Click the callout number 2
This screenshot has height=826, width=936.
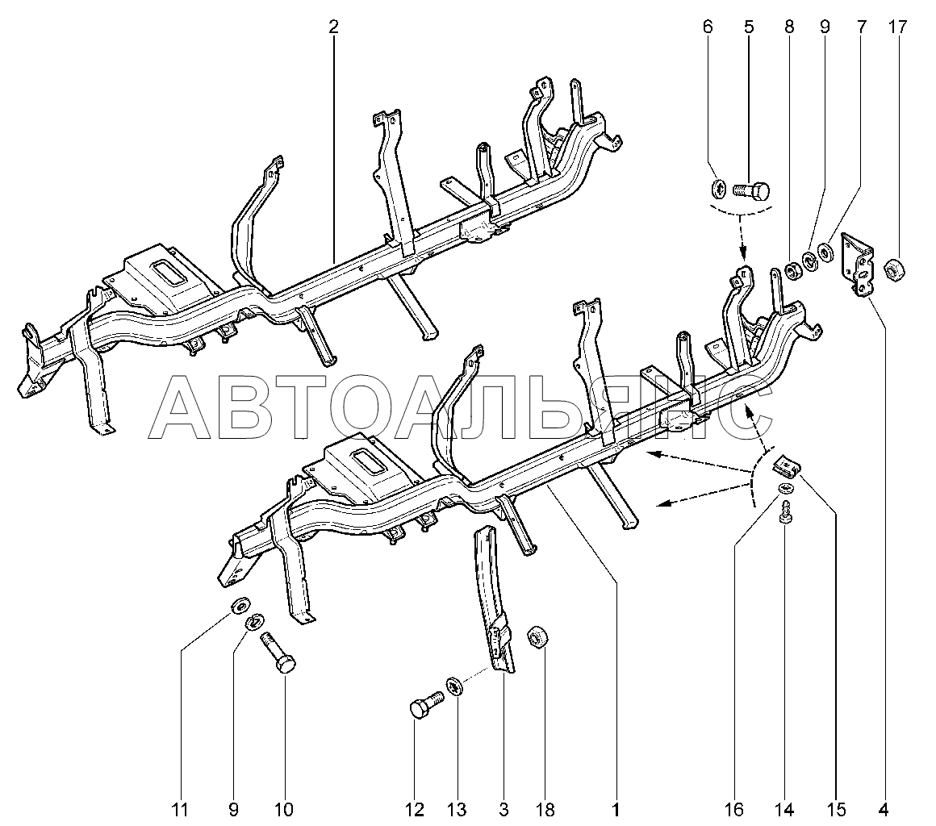point(333,27)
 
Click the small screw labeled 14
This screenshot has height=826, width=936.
point(784,511)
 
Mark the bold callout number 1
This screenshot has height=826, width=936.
point(615,808)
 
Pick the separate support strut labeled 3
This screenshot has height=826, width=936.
point(495,597)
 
